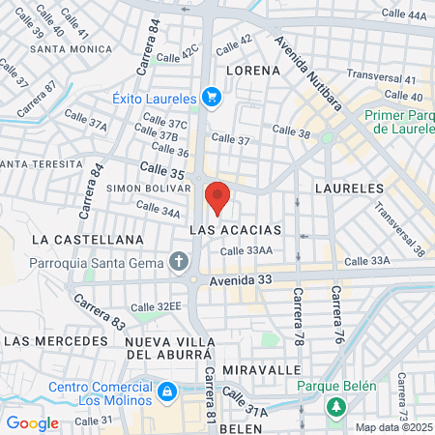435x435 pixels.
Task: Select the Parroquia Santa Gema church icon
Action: (178, 261)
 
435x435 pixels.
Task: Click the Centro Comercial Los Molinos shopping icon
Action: (167, 391)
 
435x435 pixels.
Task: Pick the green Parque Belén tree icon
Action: (335, 407)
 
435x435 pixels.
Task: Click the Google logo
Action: (32, 422)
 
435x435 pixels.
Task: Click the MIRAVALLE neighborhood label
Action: (256, 370)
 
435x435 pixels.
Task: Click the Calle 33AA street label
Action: (246, 251)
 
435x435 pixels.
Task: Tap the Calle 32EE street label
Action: (156, 306)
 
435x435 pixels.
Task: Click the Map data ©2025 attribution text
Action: (393, 427)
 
